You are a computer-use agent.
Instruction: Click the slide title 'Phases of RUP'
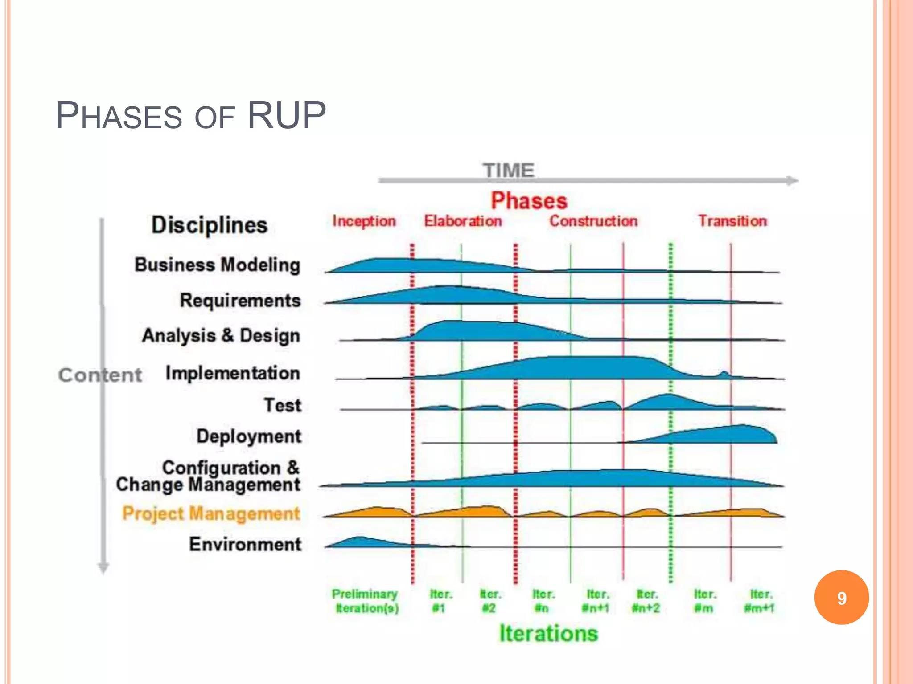click(191, 116)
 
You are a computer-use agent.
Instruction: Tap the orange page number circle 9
click(841, 598)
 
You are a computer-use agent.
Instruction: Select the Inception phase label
click(364, 221)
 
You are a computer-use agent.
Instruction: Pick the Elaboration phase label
click(463, 221)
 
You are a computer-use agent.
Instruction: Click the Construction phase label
click(593, 221)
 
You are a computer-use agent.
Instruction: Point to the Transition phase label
click(732, 221)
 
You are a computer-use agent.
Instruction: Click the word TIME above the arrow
click(508, 170)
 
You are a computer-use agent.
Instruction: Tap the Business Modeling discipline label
click(218, 265)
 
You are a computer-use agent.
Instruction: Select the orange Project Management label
click(211, 513)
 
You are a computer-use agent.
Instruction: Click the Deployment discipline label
click(249, 436)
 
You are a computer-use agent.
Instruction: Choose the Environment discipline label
click(245, 544)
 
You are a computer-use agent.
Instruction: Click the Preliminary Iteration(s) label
click(366, 601)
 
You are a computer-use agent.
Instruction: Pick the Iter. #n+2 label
click(646, 601)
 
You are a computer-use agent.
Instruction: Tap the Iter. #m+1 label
click(760, 601)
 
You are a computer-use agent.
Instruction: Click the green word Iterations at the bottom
click(548, 633)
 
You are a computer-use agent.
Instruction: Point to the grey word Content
click(100, 375)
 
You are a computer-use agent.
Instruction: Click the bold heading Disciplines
click(210, 225)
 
